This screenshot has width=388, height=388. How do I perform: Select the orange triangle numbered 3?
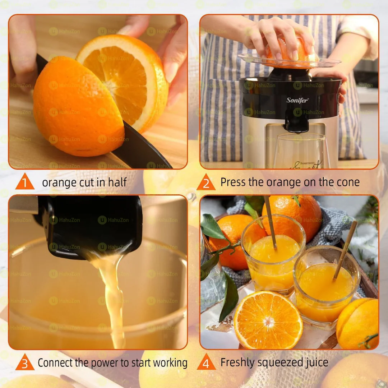point(25,364)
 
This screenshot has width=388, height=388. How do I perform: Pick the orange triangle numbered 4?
point(206,364)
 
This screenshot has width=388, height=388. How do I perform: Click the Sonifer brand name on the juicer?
point(297,100)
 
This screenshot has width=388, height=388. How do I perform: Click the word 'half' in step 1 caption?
point(117,183)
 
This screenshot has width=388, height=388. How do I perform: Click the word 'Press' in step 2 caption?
point(232,182)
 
